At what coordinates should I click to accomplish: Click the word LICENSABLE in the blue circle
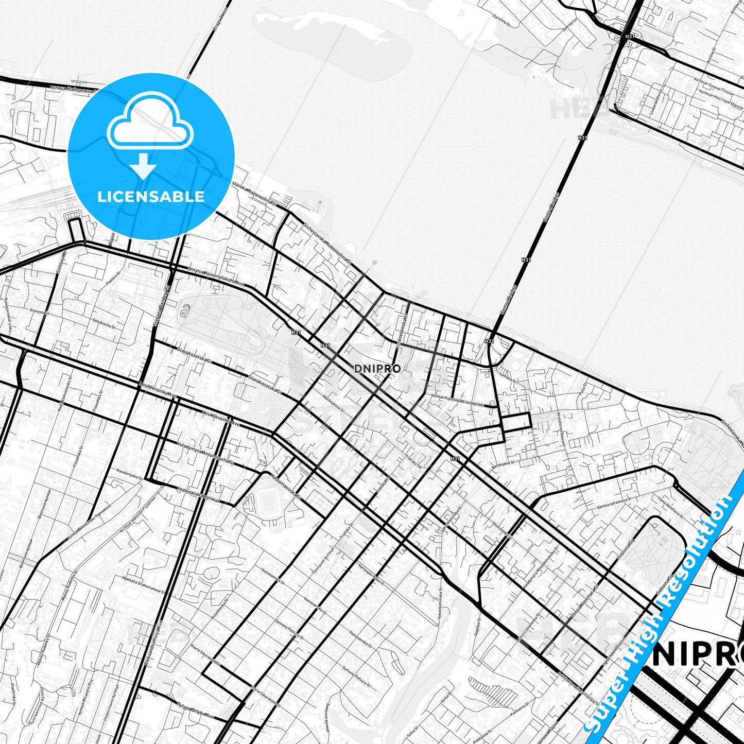click(151, 196)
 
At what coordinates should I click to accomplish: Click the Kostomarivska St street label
click(286, 486)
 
